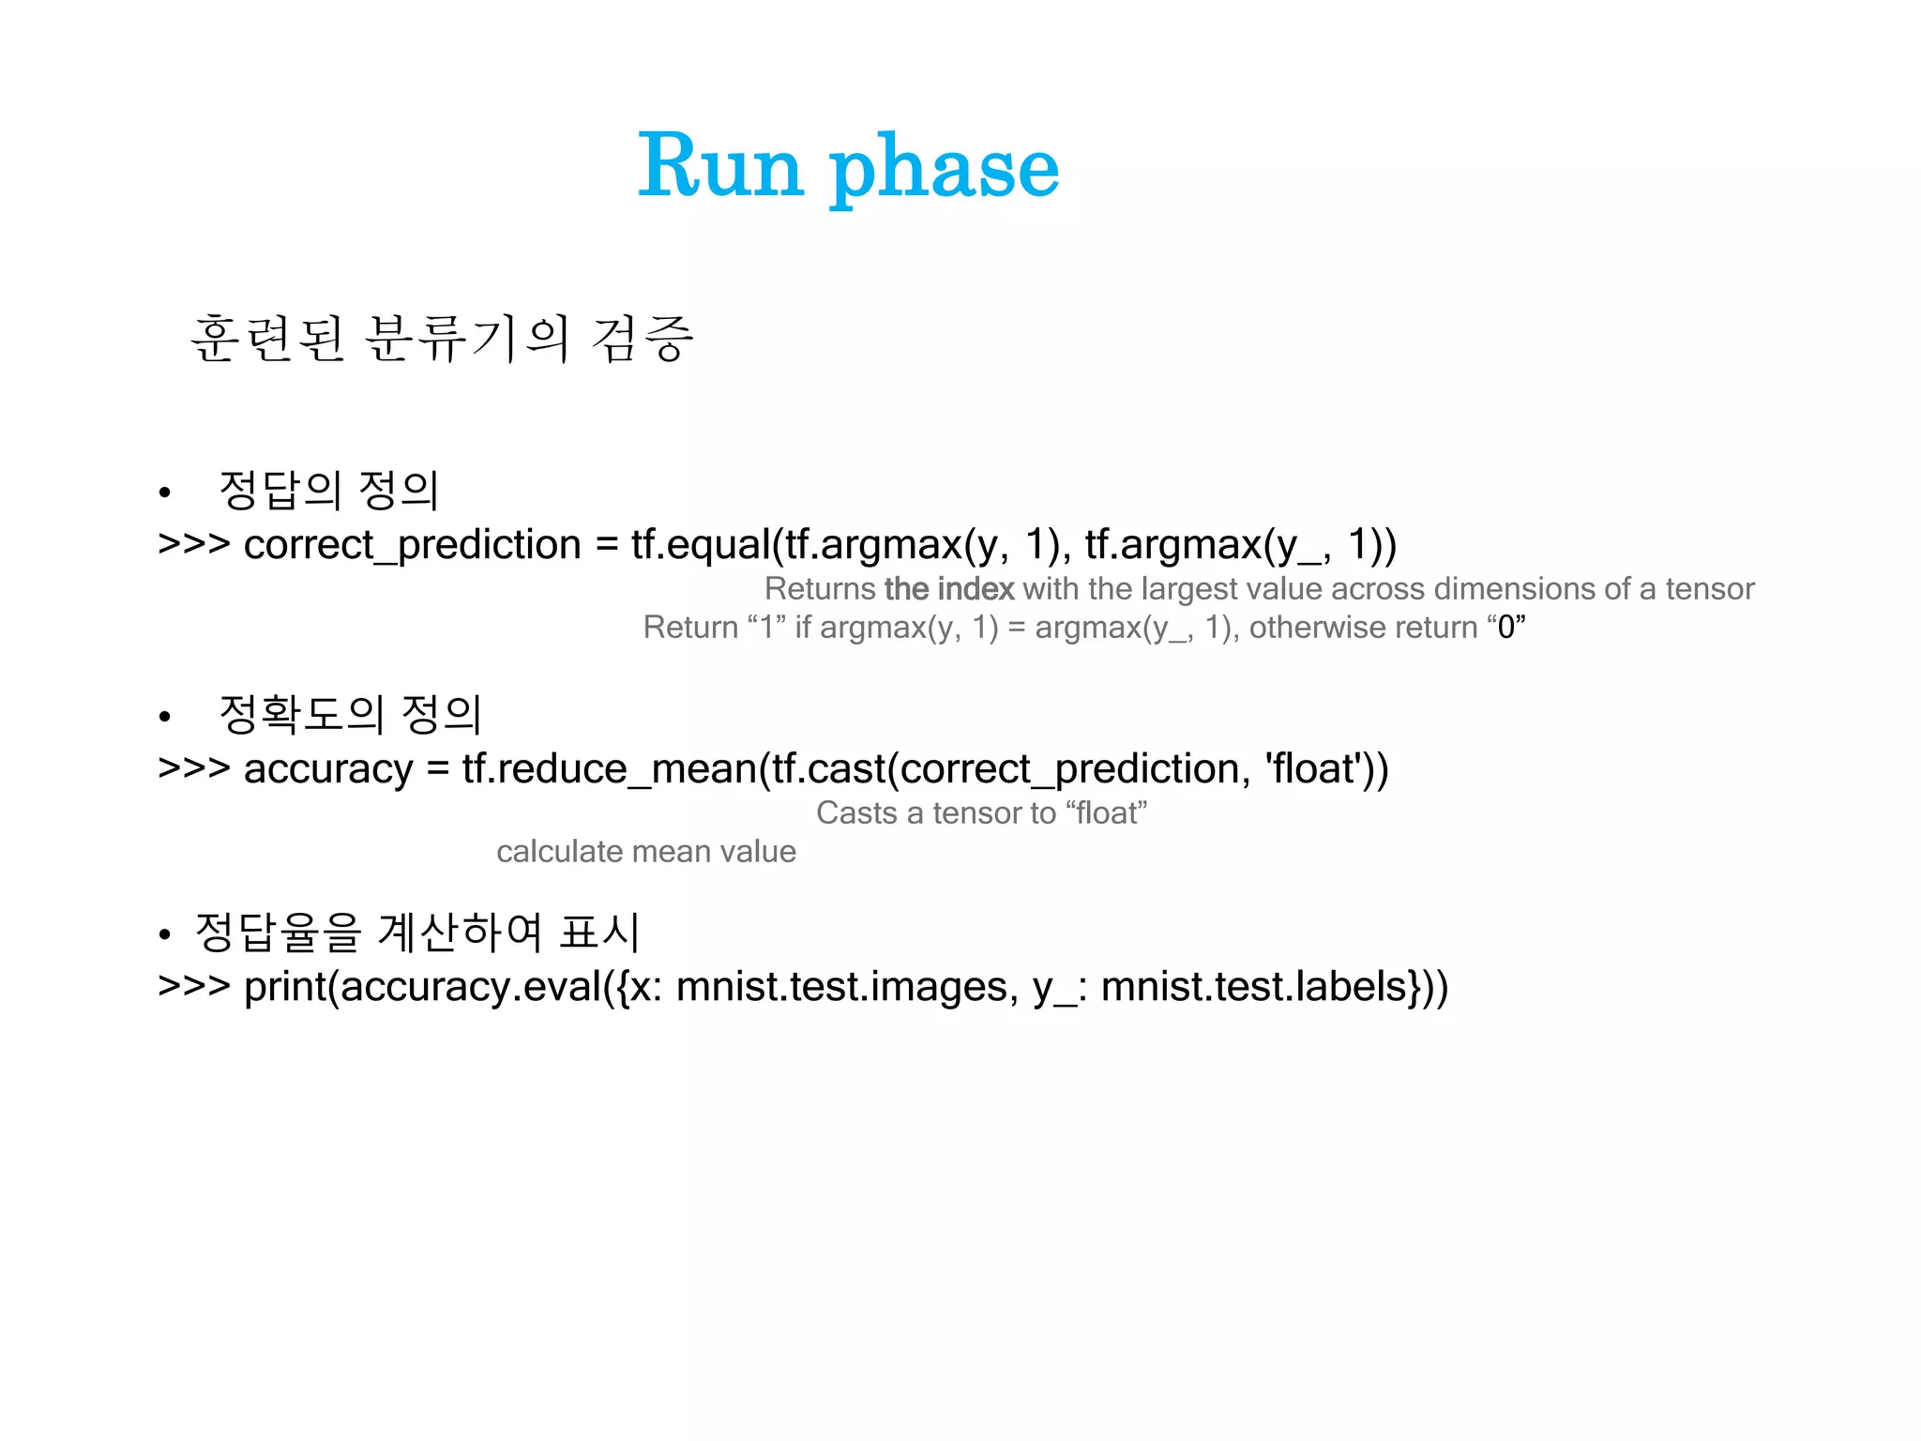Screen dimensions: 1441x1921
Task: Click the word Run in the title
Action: tap(720, 167)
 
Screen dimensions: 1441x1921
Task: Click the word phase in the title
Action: tap(945, 169)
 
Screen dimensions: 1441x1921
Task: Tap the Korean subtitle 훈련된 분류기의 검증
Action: tap(441, 339)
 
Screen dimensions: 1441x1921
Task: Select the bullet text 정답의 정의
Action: tap(328, 490)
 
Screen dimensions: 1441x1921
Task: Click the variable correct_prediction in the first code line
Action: tap(412, 545)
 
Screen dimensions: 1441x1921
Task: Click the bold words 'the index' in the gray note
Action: tap(948, 589)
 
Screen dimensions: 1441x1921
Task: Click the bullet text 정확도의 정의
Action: tap(350, 714)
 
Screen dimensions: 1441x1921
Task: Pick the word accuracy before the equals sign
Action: tap(327, 769)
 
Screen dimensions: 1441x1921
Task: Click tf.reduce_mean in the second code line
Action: tap(610, 769)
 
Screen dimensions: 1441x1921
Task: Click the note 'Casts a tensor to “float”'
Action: tap(981, 812)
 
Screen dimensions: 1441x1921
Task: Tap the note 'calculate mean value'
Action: tap(645, 851)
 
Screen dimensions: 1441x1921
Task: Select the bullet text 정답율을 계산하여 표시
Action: tap(417, 932)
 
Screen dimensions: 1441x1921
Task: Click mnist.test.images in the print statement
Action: tap(841, 987)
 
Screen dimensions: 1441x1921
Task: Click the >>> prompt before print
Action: tap(193, 987)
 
